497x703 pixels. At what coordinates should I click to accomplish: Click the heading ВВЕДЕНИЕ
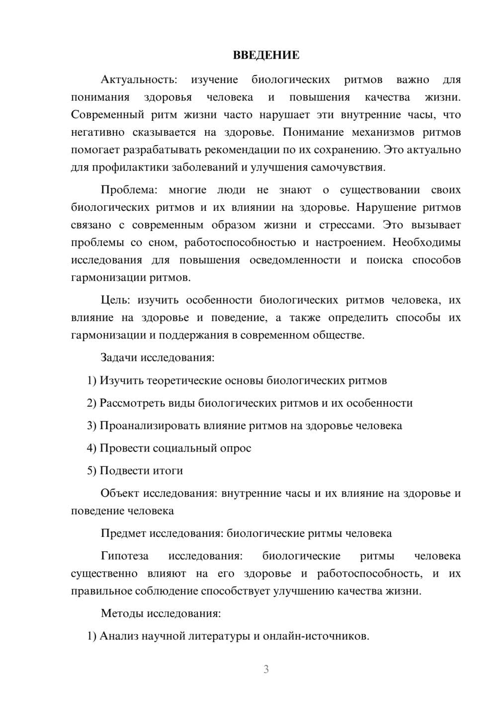266,55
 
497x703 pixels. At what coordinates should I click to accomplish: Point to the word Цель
115,300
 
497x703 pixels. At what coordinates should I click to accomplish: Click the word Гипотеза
124,556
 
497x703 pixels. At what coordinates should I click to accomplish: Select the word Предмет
122,533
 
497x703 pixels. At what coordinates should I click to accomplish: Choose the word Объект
119,493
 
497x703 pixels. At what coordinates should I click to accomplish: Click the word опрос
235,448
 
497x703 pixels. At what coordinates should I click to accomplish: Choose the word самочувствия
347,167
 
